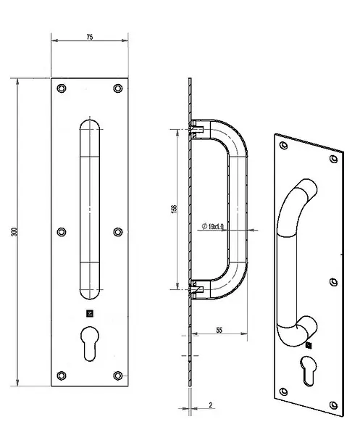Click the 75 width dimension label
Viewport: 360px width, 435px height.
pyautogui.click(x=90, y=37)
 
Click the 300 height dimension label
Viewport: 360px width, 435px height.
pyautogui.click(x=14, y=232)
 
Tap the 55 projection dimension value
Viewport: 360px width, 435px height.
pyautogui.click(x=219, y=330)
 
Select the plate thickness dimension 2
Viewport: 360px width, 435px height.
pyautogui.click(x=211, y=405)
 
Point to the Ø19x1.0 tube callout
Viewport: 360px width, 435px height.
pyautogui.click(x=212, y=226)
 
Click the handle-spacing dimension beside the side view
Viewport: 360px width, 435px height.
pyautogui.click(x=174, y=210)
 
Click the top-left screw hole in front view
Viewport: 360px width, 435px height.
pyautogui.click(x=62, y=88)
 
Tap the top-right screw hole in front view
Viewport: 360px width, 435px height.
pyautogui.click(x=118, y=88)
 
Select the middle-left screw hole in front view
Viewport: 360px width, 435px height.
pyautogui.click(x=62, y=232)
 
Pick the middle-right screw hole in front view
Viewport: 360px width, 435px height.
pyautogui.click(x=118, y=232)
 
